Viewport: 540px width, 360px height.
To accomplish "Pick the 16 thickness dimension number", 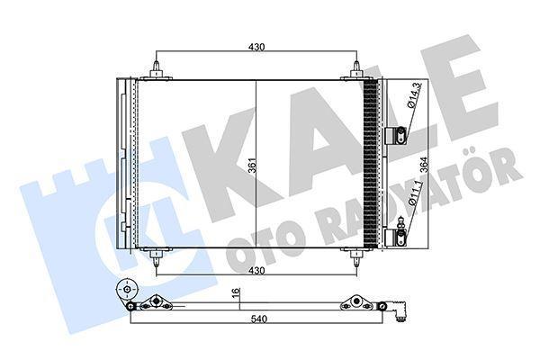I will click(235, 292).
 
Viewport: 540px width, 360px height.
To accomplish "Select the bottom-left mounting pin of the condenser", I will click(157, 258).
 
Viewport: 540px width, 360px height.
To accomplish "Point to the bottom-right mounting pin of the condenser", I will click(357, 258).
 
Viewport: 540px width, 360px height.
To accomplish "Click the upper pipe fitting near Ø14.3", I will click(395, 135).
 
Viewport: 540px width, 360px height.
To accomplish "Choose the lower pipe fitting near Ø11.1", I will click(395, 236).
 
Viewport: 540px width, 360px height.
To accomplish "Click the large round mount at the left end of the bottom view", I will click(126, 293).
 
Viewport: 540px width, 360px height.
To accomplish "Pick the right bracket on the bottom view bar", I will click(355, 304).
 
